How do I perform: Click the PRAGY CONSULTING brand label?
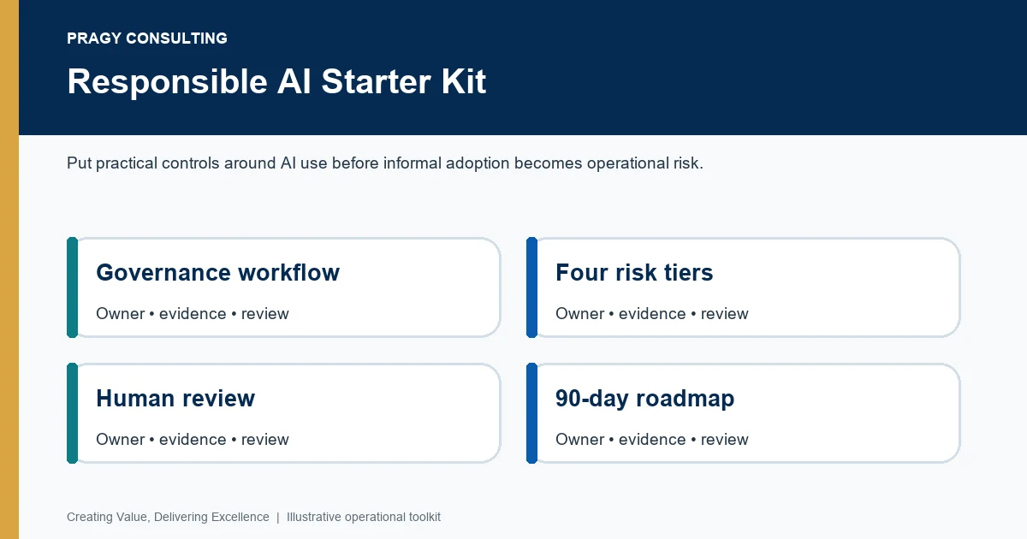pyautogui.click(x=147, y=38)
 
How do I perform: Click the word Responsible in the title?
pyautogui.click(x=168, y=82)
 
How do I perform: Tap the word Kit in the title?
pyautogui.click(x=464, y=81)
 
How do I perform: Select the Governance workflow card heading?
pyautogui.click(x=217, y=272)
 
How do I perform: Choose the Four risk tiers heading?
pyautogui.click(x=634, y=272)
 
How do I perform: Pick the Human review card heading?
pyautogui.click(x=175, y=398)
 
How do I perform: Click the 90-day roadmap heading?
pyautogui.click(x=644, y=399)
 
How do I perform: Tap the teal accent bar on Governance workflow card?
pyautogui.click(x=73, y=287)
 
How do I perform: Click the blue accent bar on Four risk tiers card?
pyautogui.click(x=531, y=287)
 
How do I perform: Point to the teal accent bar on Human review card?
pyautogui.click(x=73, y=413)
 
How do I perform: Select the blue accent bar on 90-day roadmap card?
pyautogui.click(x=531, y=413)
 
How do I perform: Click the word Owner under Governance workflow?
pyautogui.click(x=121, y=313)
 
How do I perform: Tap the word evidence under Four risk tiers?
pyautogui.click(x=652, y=314)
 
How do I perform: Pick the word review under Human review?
pyautogui.click(x=265, y=440)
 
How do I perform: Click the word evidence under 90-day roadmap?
pyautogui.click(x=652, y=440)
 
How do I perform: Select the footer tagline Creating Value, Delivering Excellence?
pyautogui.click(x=168, y=517)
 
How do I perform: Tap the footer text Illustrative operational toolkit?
pyautogui.click(x=364, y=517)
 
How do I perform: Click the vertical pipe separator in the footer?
pyautogui.click(x=278, y=518)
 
